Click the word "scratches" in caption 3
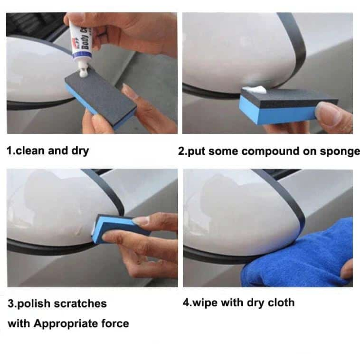pyautogui.click(x=80, y=304)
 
